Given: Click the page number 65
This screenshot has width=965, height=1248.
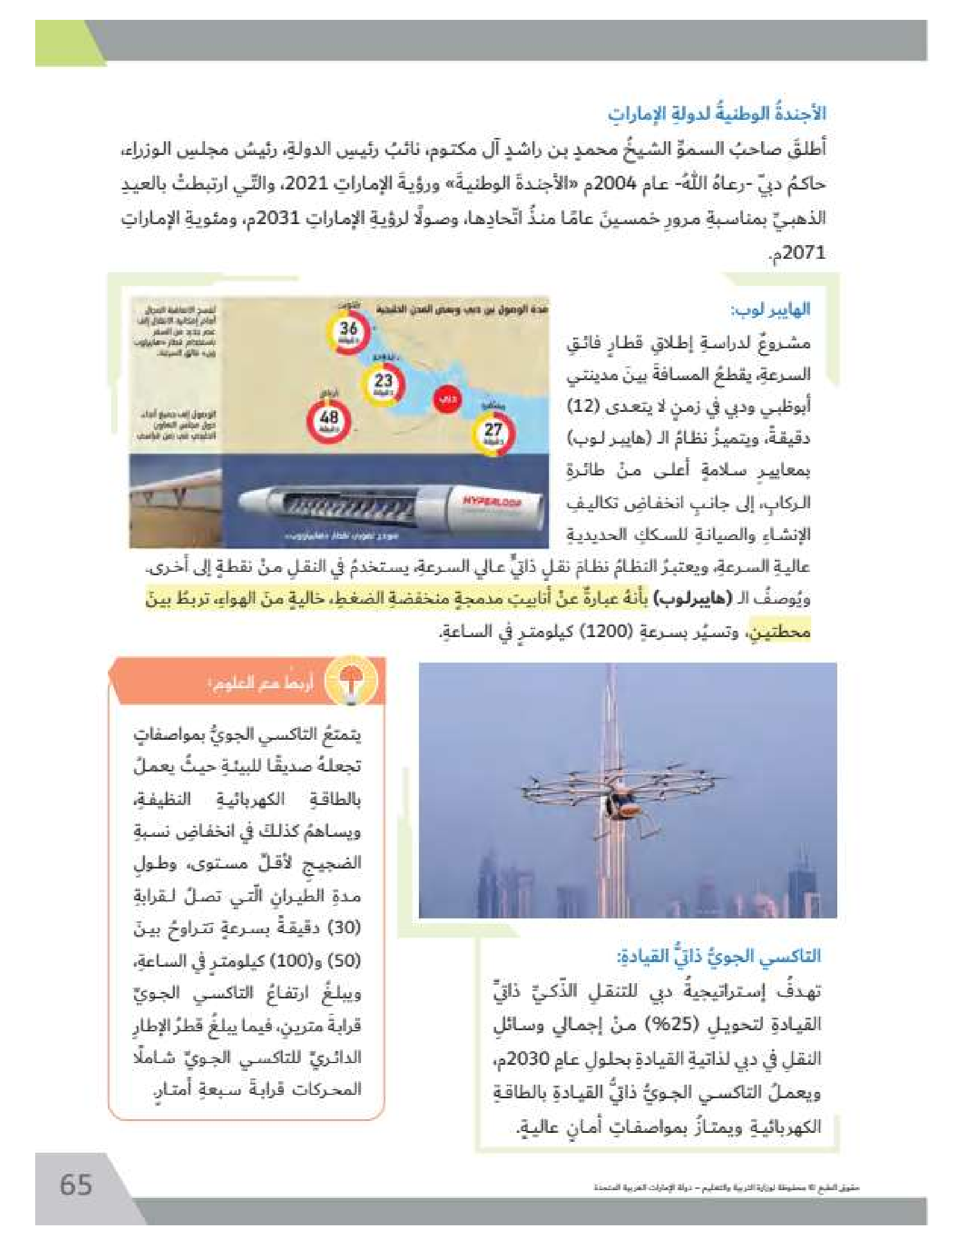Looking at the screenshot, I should pyautogui.click(x=76, y=1184).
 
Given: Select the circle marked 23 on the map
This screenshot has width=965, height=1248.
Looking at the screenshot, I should pyautogui.click(x=384, y=383).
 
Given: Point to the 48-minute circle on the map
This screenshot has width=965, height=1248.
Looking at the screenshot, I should pyautogui.click(x=329, y=420).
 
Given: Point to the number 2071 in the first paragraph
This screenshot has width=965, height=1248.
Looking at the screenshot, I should pyautogui.click(x=804, y=252).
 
